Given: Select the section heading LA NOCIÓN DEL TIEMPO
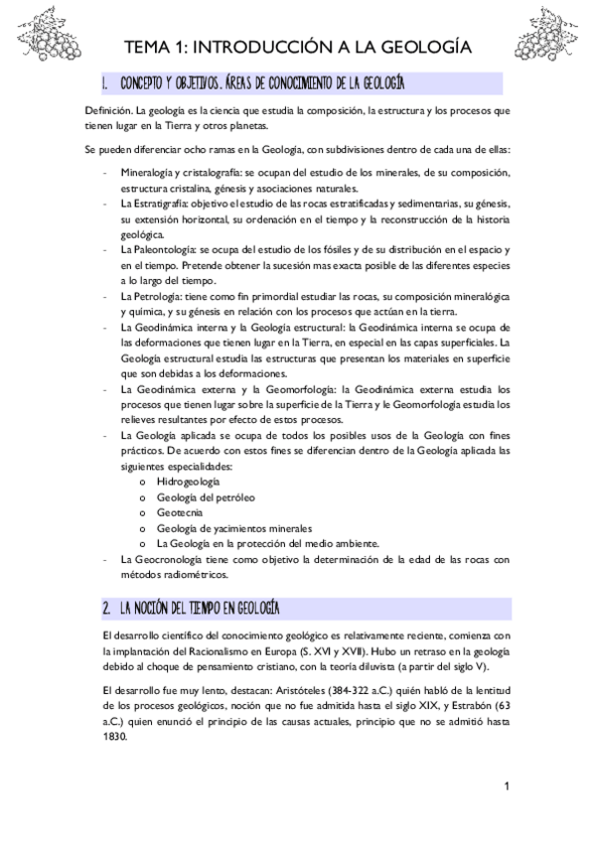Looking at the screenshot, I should [199, 607].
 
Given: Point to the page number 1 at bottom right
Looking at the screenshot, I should [507, 787].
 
